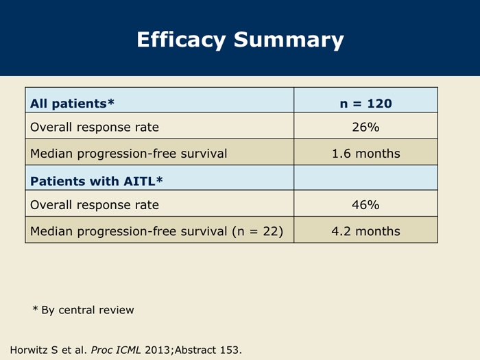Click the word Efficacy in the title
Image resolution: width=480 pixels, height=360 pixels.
pyautogui.click(x=181, y=40)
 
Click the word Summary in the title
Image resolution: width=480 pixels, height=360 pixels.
pyautogui.click(x=289, y=40)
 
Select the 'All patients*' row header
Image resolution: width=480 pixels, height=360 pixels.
pyautogui.click(x=72, y=104)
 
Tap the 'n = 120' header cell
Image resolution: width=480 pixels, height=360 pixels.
pyautogui.click(x=365, y=104)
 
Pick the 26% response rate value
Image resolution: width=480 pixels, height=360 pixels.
pyautogui.click(x=365, y=127)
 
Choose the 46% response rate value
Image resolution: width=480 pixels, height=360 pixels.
pyautogui.click(x=365, y=205)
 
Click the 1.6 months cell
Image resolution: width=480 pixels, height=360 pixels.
pyautogui.click(x=365, y=154)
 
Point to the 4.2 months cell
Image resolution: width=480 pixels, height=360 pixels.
pyautogui.click(x=365, y=231)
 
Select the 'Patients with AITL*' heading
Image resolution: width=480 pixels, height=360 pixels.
pyautogui.click(x=97, y=181)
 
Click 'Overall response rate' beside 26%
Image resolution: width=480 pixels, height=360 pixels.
pyautogui.click(x=95, y=127)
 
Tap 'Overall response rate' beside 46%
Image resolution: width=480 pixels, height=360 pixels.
pyautogui.click(x=95, y=205)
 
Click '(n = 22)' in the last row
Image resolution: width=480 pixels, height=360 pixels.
pyautogui.click(x=258, y=232)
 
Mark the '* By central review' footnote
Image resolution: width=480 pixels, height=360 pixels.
pyautogui.click(x=83, y=310)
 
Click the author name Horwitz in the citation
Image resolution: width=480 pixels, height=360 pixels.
pyautogui.click(x=29, y=350)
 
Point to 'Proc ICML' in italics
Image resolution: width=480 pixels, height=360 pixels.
pyautogui.click(x=116, y=350)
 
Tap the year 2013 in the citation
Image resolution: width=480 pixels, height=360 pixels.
pyautogui.click(x=157, y=350)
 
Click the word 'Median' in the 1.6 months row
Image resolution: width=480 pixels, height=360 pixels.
pyautogui.click(x=51, y=154)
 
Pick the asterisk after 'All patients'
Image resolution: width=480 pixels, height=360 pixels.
pyautogui.click(x=110, y=101)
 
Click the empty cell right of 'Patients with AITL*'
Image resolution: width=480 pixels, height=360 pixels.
pyautogui.click(x=365, y=178)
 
